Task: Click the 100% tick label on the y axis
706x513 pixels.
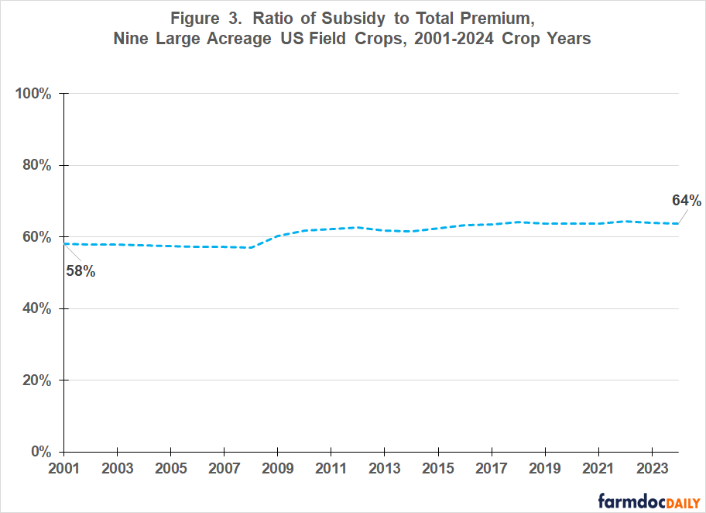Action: (33, 94)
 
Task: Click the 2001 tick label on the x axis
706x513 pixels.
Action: (63, 470)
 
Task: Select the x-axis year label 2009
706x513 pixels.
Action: (277, 470)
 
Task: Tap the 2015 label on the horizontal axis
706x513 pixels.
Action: (438, 470)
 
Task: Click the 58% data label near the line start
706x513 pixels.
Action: (81, 272)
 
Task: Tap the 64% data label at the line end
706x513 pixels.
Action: (686, 201)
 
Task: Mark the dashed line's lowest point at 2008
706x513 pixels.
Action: (251, 248)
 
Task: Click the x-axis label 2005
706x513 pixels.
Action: (170, 470)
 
